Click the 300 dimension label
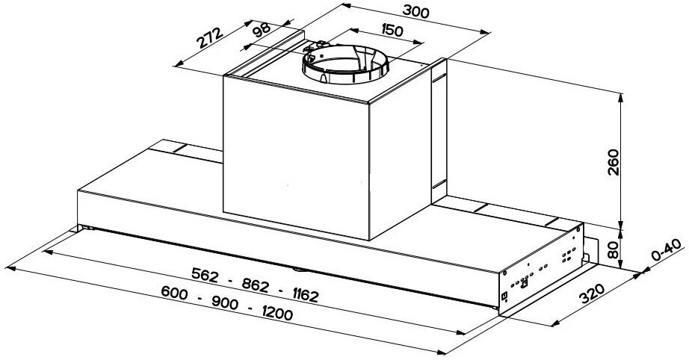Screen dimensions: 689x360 click(415, 11)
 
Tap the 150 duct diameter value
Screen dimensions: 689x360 click(392, 31)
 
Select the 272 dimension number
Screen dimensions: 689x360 click(209, 38)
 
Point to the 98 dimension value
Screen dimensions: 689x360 click(262, 29)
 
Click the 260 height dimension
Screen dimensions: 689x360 click(613, 162)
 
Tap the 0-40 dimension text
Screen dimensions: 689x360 click(666, 249)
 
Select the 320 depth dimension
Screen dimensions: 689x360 click(592, 294)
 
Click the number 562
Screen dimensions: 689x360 click(205, 276)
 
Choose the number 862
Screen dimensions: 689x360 click(255, 285)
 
